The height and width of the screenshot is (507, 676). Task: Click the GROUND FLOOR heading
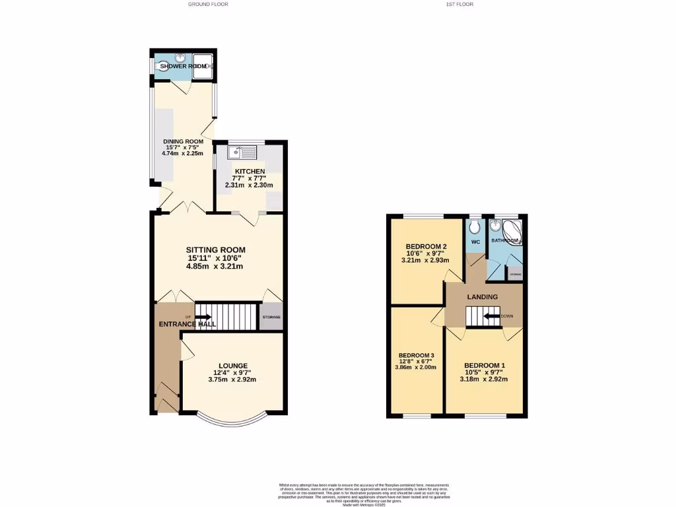(x=208, y=4)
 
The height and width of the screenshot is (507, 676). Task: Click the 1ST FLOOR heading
(x=459, y=4)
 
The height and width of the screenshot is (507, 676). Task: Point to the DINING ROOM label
(x=184, y=141)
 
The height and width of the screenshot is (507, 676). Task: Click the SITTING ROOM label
(x=215, y=250)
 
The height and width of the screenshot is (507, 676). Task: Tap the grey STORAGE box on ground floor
(x=271, y=317)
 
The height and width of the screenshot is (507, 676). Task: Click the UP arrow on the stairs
(x=199, y=317)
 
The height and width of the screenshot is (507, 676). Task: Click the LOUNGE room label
(x=233, y=366)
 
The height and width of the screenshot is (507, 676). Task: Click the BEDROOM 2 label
(x=421, y=247)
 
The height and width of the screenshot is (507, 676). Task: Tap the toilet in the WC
(x=475, y=228)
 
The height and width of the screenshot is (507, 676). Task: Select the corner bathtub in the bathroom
(x=512, y=232)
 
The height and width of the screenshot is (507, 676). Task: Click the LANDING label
(x=483, y=297)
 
